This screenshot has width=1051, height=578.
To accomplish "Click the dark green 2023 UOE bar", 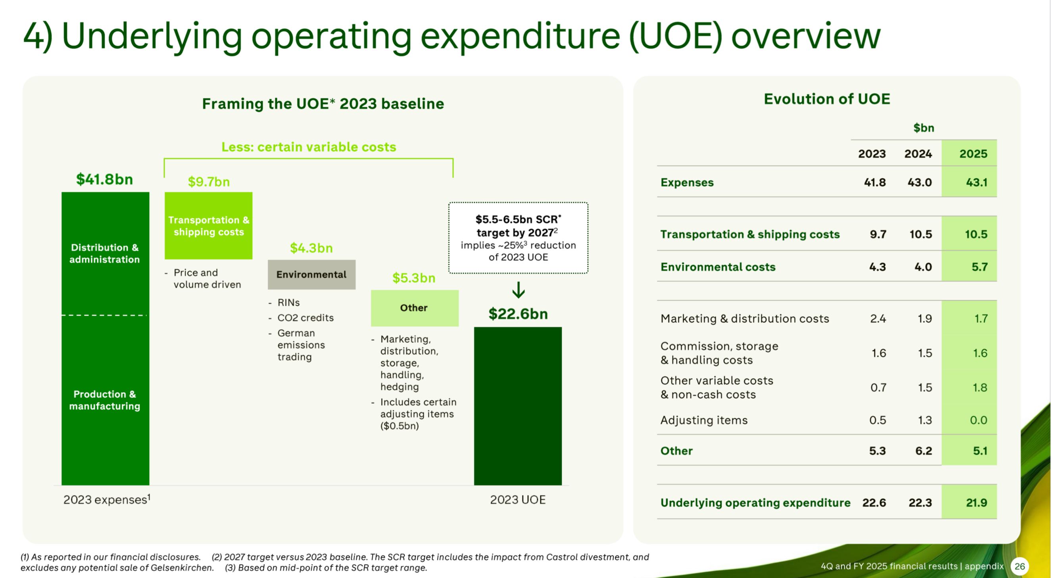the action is coord(518,406).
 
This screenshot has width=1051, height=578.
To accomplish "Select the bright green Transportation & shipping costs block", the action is coord(208,226).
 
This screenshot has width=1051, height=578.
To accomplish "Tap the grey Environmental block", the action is coord(312,275).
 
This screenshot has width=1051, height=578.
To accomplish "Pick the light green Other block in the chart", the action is coord(415,308).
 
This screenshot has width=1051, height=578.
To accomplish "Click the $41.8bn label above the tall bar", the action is coord(104,179).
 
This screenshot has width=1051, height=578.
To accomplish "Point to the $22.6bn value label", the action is coord(518,314).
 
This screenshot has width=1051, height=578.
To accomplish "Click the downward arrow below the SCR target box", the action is coord(518,290).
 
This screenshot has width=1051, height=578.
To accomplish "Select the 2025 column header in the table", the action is coord(973,154).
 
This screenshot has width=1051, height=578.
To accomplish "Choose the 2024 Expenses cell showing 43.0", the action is coord(920,183).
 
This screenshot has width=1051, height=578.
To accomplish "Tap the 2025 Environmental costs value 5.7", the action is coord(979,267).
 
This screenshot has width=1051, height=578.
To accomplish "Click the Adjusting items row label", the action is coord(704,420).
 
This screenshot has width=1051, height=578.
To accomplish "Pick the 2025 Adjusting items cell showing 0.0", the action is coord(978,420).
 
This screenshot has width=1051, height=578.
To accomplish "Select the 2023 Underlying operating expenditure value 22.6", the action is coord(874,503).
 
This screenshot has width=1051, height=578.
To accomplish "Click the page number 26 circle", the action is coord(1020,566).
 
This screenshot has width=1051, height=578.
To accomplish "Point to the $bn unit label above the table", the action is coord(924,128).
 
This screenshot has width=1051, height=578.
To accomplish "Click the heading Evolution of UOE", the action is coord(827,99).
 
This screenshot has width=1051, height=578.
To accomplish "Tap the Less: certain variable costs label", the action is coord(309,147).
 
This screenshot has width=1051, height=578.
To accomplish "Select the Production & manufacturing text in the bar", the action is coord(105,400).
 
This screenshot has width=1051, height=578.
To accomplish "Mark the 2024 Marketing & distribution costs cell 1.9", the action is coord(924,318).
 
